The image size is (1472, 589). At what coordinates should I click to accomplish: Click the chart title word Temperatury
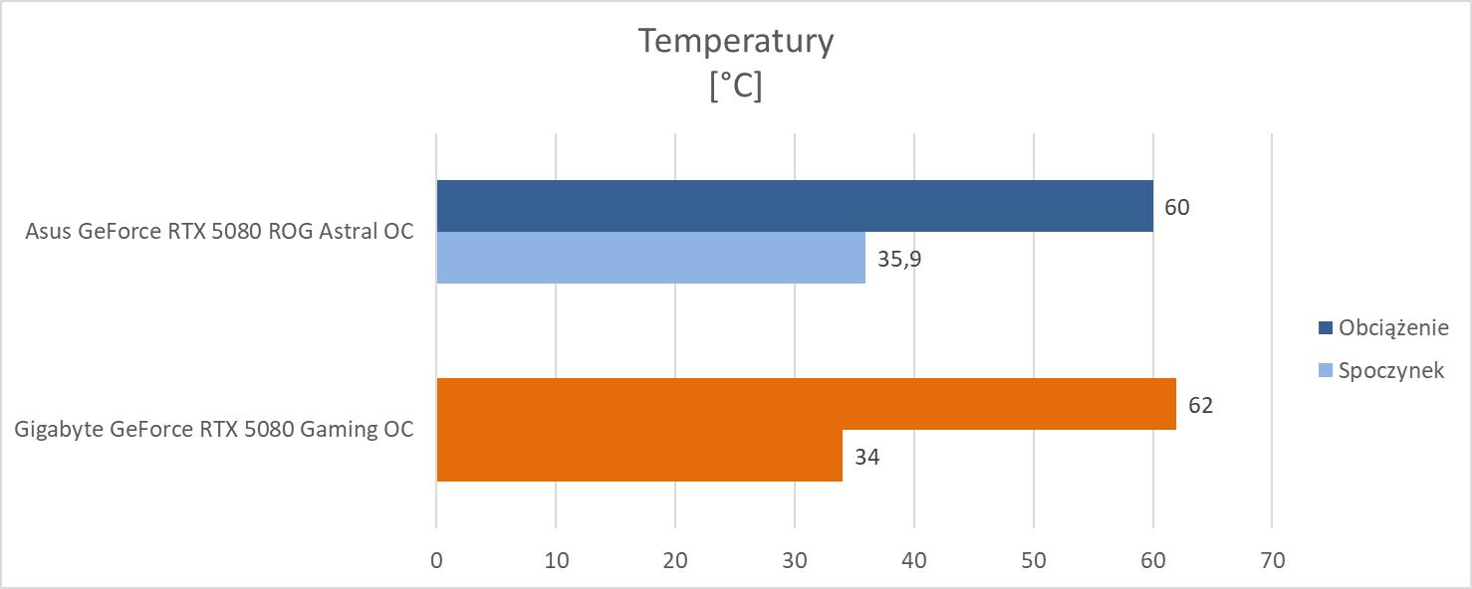[735, 42]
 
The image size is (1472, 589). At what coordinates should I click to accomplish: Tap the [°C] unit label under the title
[736, 87]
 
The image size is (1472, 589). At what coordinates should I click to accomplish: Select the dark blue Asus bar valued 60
[795, 206]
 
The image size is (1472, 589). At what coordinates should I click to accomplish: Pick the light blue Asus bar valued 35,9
[650, 258]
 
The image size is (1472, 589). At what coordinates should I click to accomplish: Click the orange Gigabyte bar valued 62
[806, 404]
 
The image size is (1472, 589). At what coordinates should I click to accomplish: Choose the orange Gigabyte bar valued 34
[639, 456]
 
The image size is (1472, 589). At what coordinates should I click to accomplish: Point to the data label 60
[1176, 207]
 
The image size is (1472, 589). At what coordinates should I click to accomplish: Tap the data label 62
[1199, 405]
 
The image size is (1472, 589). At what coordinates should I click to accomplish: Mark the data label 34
[865, 457]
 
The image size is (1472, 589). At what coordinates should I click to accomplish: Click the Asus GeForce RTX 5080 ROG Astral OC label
[220, 232]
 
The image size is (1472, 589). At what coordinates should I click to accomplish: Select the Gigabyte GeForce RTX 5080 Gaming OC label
[214, 430]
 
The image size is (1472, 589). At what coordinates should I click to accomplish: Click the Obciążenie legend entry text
[1392, 327]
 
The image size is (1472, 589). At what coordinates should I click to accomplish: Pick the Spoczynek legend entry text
[1391, 370]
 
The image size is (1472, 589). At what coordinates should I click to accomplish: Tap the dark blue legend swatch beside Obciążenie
[1325, 327]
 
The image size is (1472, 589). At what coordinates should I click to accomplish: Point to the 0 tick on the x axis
[436, 560]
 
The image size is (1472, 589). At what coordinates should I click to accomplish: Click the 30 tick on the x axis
[795, 560]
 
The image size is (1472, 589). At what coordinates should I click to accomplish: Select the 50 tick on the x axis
[1034, 560]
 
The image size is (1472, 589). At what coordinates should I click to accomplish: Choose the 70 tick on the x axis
[1272, 560]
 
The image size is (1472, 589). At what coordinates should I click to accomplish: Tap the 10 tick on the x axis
[556, 560]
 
